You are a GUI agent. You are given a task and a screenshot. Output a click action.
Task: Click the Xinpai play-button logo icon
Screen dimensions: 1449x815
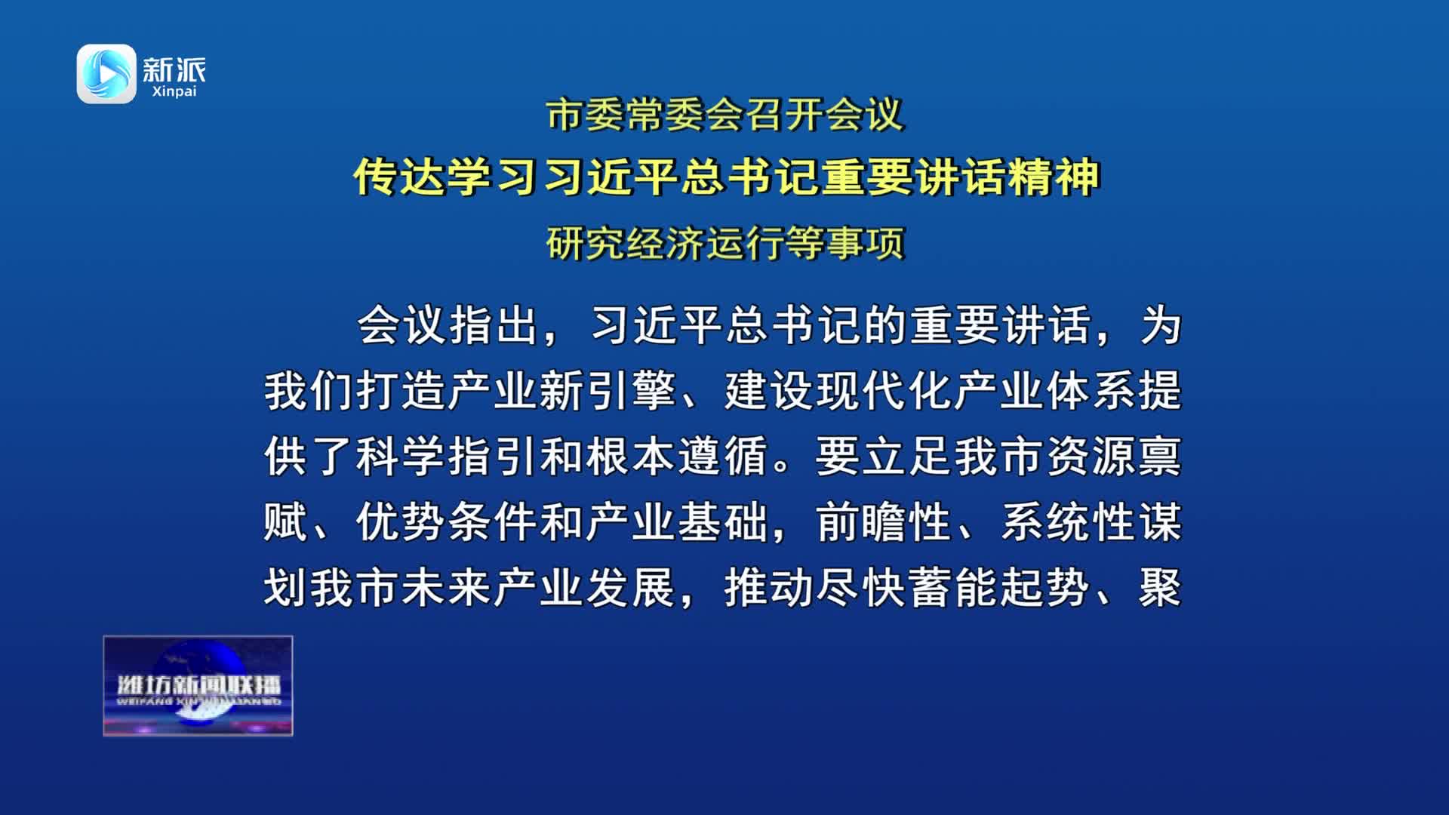tap(106, 73)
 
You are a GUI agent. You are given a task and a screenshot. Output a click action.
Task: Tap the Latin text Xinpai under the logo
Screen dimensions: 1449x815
tap(174, 91)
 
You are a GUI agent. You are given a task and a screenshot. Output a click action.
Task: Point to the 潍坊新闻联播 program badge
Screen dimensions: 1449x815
tap(198, 685)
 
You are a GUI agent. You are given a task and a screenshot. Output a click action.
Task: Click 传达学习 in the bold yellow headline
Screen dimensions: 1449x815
tap(446, 177)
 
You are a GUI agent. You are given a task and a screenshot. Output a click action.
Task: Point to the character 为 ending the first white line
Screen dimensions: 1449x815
tap(1161, 326)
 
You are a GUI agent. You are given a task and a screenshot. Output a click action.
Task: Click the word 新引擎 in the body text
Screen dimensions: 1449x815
tap(608, 391)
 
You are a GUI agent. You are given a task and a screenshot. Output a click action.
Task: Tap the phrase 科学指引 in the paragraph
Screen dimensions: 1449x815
tap(448, 457)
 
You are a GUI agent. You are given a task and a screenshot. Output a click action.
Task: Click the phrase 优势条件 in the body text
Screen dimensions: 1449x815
tap(448, 521)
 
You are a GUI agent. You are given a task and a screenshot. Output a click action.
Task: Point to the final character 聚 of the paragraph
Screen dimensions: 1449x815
tap(1161, 587)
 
